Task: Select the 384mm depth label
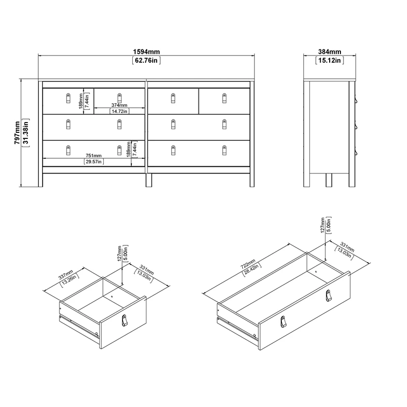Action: coord(329,52)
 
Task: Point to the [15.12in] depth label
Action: coord(329,61)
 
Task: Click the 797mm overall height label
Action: coord(17,133)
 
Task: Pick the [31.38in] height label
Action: coord(25,133)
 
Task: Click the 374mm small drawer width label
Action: coord(119,106)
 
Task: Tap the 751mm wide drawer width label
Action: coord(93,156)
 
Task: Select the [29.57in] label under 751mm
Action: coord(93,162)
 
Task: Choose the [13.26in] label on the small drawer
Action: coord(70,278)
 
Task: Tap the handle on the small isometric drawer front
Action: coord(125,320)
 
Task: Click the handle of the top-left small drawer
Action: coord(68,97)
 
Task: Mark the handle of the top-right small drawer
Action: coord(225,97)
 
